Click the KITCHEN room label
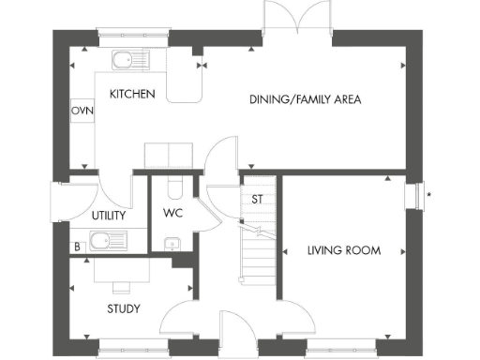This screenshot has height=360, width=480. click(x=132, y=95)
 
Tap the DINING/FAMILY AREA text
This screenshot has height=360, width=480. click(x=305, y=99)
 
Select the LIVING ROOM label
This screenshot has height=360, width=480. click(x=344, y=250)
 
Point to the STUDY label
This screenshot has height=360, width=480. click(x=123, y=307)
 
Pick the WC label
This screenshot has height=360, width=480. click(x=172, y=212)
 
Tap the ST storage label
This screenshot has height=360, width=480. click(x=256, y=199)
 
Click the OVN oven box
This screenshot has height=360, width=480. click(x=82, y=110)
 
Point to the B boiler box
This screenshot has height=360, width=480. click(x=76, y=247)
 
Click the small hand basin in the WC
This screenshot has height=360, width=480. click(x=171, y=245)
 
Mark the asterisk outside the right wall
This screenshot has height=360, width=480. click(x=429, y=195)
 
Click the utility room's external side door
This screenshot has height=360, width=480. click(x=58, y=201)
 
